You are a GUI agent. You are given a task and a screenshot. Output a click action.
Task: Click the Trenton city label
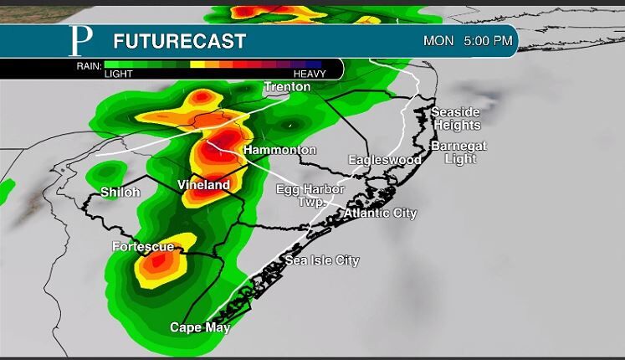point(288,86)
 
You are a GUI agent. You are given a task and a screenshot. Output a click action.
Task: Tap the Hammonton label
point(279,150)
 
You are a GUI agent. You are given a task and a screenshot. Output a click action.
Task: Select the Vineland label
point(203,184)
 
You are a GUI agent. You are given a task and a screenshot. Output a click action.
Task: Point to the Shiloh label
point(120,192)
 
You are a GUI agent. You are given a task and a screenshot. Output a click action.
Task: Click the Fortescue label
point(143,246)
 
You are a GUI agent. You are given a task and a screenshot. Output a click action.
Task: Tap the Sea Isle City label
point(322,260)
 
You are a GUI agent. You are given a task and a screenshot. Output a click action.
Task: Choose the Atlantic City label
point(380,213)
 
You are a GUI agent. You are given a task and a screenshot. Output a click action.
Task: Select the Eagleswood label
point(385,159)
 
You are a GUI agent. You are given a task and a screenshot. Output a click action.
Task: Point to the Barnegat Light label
point(459,152)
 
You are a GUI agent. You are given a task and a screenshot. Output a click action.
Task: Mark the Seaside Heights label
point(457,118)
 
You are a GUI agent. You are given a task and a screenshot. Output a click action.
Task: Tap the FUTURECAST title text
point(179,41)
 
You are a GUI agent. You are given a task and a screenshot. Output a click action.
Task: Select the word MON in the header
point(438,40)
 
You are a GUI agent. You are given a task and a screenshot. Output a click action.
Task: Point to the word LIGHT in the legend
point(119,74)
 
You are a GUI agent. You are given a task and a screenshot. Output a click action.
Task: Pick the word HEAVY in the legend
point(310,74)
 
